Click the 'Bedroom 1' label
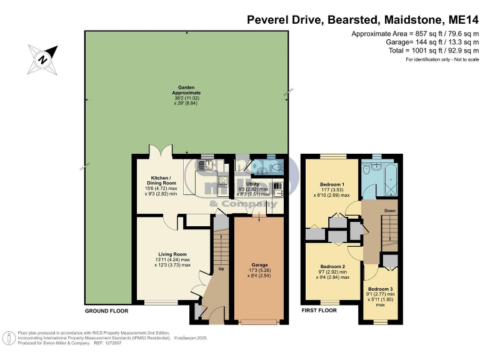tap(332, 185)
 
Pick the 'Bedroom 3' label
tap(381, 288)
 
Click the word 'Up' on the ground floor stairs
tap(221, 269)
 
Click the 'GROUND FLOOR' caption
tap(106, 311)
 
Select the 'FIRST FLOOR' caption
tap(320, 311)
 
